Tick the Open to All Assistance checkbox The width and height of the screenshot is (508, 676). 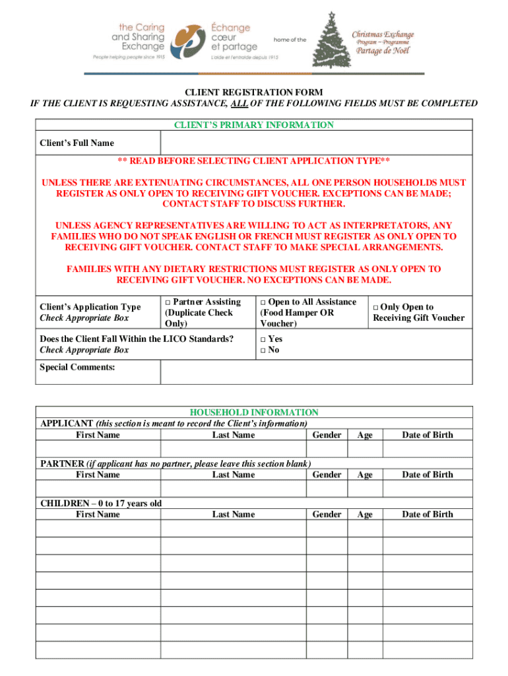263,302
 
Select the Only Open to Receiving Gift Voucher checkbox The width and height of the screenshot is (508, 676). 376,308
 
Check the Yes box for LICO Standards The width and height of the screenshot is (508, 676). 263,339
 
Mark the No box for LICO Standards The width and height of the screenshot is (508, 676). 263,351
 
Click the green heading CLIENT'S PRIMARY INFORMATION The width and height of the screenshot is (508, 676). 254,125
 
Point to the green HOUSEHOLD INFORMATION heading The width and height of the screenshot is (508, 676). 254,412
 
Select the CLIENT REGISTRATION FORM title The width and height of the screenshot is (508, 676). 254,92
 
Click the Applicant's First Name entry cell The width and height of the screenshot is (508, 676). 98,449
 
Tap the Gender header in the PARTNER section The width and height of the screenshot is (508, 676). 327,475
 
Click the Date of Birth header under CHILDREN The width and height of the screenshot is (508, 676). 428,514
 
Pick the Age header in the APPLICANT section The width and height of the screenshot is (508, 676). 365,435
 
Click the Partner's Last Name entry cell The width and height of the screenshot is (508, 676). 233,489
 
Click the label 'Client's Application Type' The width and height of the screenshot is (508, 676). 90,307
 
